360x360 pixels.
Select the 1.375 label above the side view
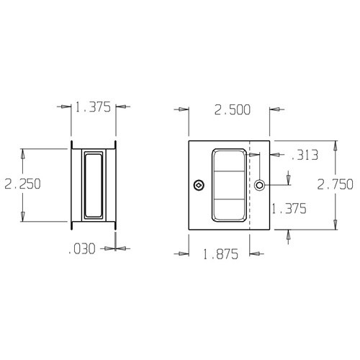pyautogui.click(x=93, y=108)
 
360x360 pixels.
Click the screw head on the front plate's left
pyautogui.click(x=199, y=186)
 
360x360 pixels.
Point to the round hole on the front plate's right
pyautogui.click(x=259, y=186)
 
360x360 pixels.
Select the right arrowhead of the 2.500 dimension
pyautogui.click(x=274, y=109)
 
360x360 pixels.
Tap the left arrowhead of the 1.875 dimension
pyautogui.click(x=183, y=253)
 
